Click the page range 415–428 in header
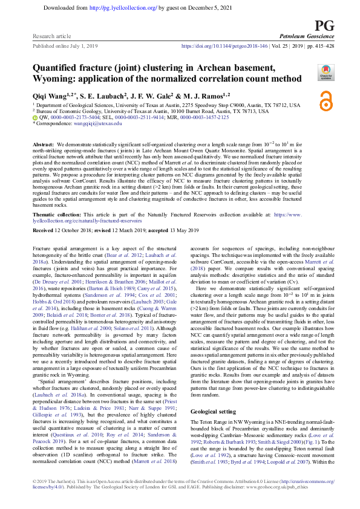(x=316, y=46)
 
